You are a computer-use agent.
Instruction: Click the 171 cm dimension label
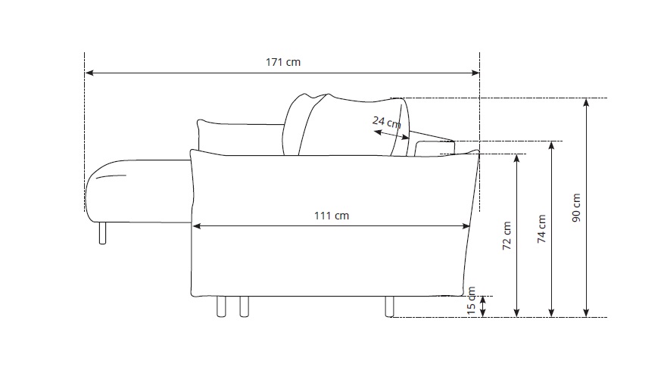(283, 62)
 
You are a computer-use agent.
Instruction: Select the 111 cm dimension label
(332, 216)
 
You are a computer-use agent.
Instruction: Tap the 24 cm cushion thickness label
(386, 123)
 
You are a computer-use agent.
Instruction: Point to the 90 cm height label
(576, 207)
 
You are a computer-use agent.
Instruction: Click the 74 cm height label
(541, 228)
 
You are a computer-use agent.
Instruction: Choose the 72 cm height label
(507, 235)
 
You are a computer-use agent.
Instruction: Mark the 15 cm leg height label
(472, 301)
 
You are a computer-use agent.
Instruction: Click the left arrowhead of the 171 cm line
(89, 73)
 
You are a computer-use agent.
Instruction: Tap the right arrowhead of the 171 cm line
(475, 73)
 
